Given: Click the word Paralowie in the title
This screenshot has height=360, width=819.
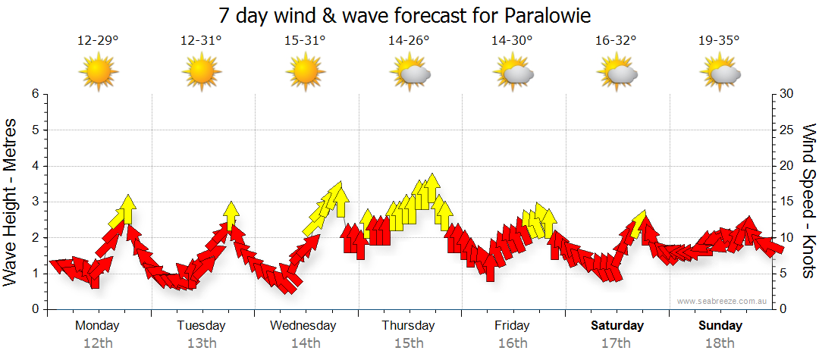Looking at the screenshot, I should coord(544,15).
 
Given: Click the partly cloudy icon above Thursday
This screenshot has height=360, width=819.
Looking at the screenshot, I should coord(409,73).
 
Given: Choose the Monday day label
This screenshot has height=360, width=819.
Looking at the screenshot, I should coord(98,326).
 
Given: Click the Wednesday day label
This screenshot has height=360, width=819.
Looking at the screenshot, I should coord(303,326).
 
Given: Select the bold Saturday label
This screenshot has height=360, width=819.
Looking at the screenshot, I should coord(617,326).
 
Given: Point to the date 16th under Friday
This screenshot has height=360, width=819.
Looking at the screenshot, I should coord(513,343).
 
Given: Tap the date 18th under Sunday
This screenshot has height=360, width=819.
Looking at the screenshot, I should coord(720,343).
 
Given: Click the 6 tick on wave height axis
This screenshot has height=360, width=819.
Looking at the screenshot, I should coord(35,94).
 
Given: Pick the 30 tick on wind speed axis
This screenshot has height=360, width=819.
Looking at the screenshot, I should coord(787,94).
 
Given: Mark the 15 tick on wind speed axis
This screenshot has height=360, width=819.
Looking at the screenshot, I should coord(787,202).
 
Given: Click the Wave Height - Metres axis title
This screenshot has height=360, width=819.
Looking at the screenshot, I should coord(12,201).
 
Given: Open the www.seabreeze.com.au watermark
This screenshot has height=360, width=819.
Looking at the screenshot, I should coord(723,301).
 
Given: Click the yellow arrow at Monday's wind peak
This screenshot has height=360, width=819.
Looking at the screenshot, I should coord(127,208).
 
